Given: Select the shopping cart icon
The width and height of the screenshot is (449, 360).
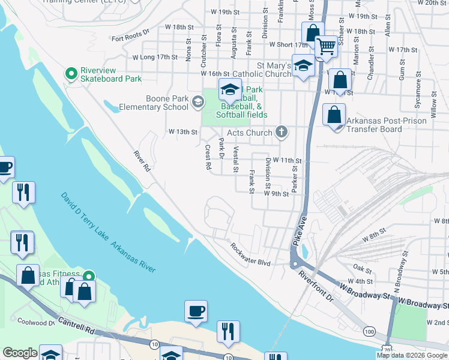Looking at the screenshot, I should [x=326, y=46].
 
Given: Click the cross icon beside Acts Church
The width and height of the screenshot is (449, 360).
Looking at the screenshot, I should [x=281, y=132].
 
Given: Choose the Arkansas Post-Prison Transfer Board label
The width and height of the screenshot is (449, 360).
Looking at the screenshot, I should [x=387, y=125].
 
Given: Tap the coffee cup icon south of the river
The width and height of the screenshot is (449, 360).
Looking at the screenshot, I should [x=196, y=311].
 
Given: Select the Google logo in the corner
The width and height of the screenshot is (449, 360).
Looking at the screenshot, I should [x=20, y=353].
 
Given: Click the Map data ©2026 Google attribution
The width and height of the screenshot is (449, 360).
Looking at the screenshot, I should [x=411, y=355].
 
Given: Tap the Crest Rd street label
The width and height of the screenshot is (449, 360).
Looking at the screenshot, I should [x=208, y=157].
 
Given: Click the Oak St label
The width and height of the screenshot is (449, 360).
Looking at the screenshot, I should [x=363, y=268].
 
